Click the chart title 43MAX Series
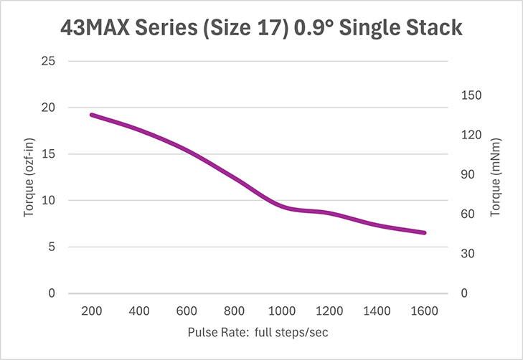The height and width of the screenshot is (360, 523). pos(261,29)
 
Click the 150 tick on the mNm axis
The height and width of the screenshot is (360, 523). pos(469,95)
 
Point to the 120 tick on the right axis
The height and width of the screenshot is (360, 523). pos(469,135)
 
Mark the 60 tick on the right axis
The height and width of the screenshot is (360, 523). pos(467,214)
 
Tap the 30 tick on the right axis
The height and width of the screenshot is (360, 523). pos(467,254)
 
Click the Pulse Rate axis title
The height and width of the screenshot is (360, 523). pos(258,333)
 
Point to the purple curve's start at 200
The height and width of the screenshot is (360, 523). pos(91,115)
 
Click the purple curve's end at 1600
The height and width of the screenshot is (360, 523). pos(425,232)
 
